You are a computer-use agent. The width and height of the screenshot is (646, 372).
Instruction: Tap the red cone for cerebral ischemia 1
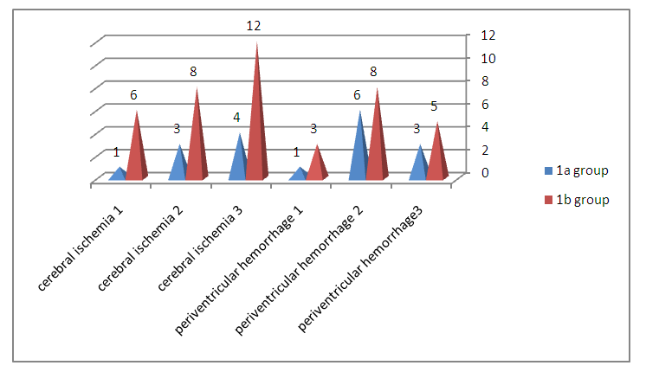tap(137, 151)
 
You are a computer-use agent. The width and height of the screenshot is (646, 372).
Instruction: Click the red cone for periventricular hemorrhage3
tap(437, 156)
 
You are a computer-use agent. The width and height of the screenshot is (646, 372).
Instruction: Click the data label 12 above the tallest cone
tap(253, 27)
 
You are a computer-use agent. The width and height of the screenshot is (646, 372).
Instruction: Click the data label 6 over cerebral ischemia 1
tap(134, 95)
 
